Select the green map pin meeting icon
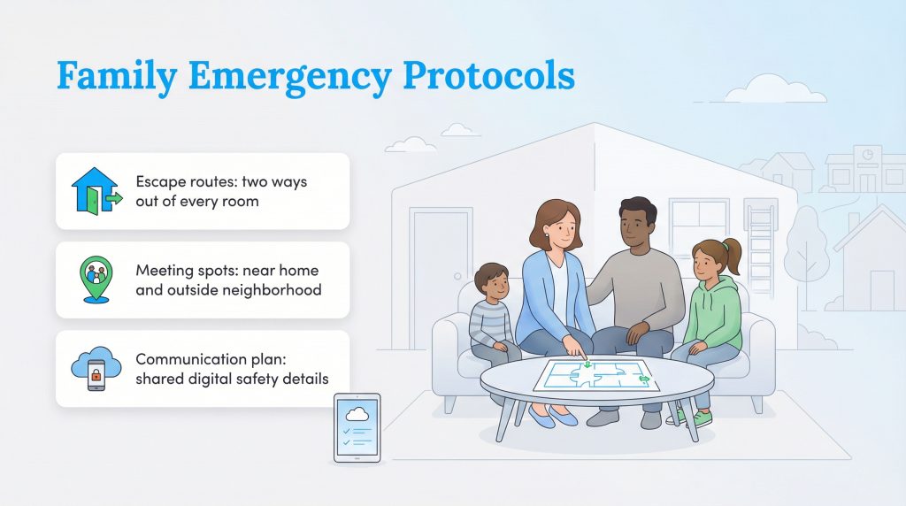[x=96, y=280]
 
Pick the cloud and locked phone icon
[x=96, y=368]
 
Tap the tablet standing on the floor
[x=357, y=427]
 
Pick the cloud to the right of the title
[x=762, y=89]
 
